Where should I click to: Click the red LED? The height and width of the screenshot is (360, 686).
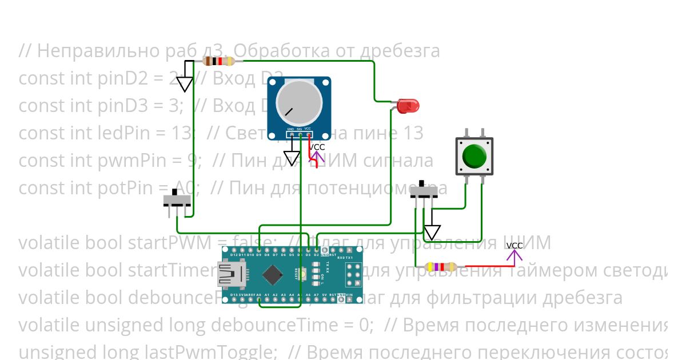pyautogui.click(x=408, y=105)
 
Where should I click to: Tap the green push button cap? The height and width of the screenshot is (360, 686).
pyautogui.click(x=474, y=155)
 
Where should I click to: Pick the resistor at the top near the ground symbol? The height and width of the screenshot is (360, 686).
pyautogui.click(x=218, y=62)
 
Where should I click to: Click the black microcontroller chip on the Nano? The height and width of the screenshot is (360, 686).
pyautogui.click(x=273, y=275)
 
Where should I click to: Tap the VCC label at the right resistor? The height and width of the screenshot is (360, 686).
pyautogui.click(x=514, y=246)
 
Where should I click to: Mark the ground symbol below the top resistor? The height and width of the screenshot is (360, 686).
pyautogui.click(x=184, y=84)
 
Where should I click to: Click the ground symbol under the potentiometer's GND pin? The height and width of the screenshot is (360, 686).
pyautogui.click(x=292, y=158)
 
